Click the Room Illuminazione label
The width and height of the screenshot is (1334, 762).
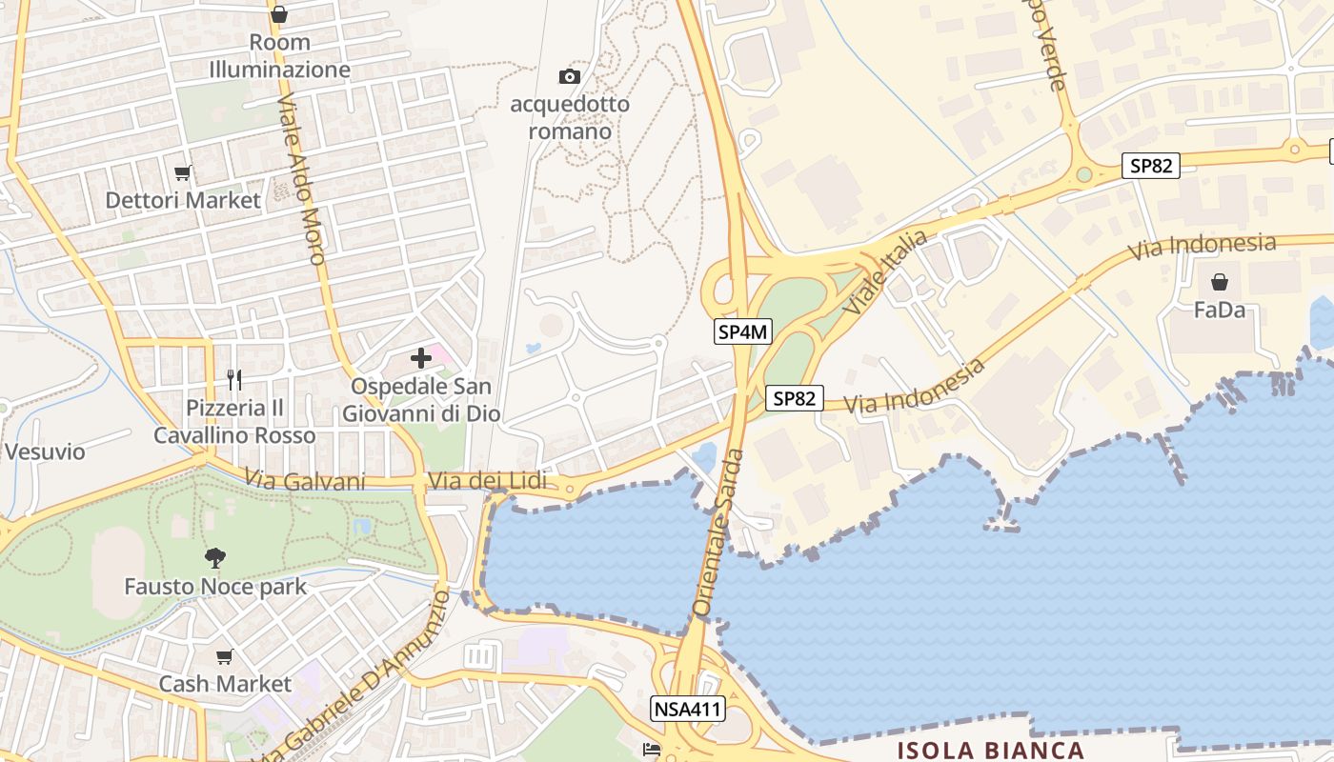pyautogui.click(x=279, y=56)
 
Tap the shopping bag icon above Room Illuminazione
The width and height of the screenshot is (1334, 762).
pyautogui.click(x=279, y=14)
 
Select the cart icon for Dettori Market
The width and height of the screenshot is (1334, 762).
pyautogui.click(x=183, y=173)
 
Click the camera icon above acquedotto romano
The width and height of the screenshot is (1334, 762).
pyautogui.click(x=570, y=76)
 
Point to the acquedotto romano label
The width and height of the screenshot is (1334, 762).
pyautogui.click(x=570, y=117)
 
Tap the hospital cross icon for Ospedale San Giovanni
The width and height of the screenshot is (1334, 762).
pyautogui.click(x=420, y=358)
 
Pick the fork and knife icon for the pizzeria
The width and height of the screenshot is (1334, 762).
pyautogui.click(x=234, y=379)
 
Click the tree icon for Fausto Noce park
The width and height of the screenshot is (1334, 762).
pyautogui.click(x=215, y=557)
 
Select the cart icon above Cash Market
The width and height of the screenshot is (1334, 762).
pyautogui.click(x=225, y=656)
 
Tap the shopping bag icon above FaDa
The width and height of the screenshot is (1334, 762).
pyautogui.click(x=1219, y=282)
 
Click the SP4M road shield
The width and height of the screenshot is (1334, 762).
pyautogui.click(x=743, y=331)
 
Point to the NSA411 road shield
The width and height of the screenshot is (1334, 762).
pyautogui.click(x=688, y=709)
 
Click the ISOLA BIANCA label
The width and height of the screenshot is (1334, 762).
pyautogui.click(x=991, y=750)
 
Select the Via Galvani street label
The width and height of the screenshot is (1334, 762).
pyautogui.click(x=305, y=480)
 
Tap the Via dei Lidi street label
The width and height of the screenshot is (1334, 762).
pyautogui.click(x=488, y=481)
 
